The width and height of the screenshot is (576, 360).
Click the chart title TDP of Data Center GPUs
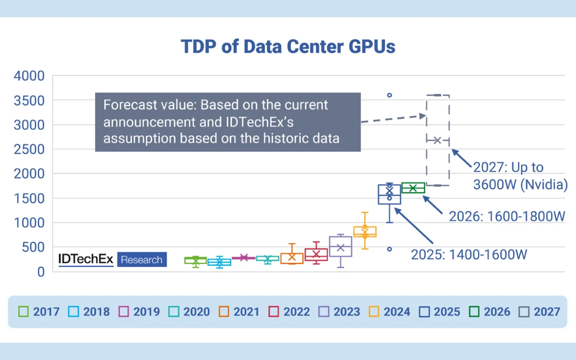pyautogui.click(x=288, y=46)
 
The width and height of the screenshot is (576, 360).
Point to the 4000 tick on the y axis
pyautogui.click(x=30, y=76)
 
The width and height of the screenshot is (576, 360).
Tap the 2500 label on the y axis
pyautogui.click(x=30, y=150)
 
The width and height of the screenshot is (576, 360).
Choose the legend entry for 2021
pyautogui.click(x=239, y=312)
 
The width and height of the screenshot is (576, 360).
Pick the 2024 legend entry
pyautogui.click(x=389, y=312)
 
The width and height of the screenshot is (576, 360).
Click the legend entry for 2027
pyautogui.click(x=540, y=312)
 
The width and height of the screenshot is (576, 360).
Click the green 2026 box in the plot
pyautogui.click(x=413, y=188)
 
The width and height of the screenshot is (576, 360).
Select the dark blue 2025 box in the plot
pyautogui.click(x=389, y=195)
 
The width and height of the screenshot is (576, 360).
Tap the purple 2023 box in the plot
pyautogui.click(x=341, y=246)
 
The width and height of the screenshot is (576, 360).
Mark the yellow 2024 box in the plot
pyautogui.click(x=365, y=231)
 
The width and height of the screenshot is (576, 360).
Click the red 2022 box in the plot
pyautogui.click(x=316, y=254)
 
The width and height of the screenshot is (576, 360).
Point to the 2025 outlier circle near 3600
pyautogui.click(x=389, y=95)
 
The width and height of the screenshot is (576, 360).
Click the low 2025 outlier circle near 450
pyautogui.click(x=389, y=249)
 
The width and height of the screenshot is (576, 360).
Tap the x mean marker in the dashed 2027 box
pyautogui.click(x=437, y=140)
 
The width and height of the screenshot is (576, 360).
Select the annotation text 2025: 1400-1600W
pyautogui.click(x=469, y=255)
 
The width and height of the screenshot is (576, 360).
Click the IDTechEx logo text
pyautogui.click(x=86, y=260)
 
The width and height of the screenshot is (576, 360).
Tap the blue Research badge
pyautogui.click(x=142, y=260)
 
